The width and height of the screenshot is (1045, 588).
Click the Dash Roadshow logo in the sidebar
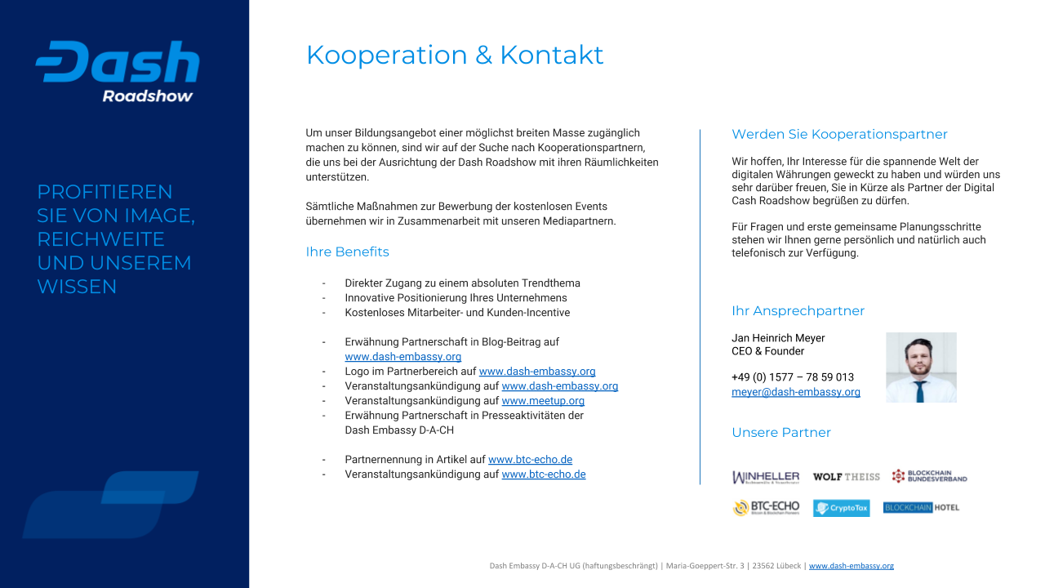[x=118, y=72]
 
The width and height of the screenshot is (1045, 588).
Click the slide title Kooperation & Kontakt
[x=455, y=55]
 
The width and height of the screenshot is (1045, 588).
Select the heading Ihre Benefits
[x=347, y=252]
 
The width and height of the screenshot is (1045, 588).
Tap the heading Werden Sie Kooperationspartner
[x=839, y=134]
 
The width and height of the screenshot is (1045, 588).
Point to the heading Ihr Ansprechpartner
[x=798, y=310]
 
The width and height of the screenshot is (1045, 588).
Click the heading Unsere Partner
[x=781, y=432]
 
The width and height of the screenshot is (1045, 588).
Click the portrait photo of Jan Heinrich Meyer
[x=921, y=367]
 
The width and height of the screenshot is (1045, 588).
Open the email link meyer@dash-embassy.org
[x=796, y=392]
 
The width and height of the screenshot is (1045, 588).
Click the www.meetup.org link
[x=543, y=401]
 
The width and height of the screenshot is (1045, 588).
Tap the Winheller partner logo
[x=766, y=477]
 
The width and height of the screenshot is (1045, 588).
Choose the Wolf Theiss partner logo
[x=847, y=477]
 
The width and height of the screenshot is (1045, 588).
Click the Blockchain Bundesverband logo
[x=929, y=476]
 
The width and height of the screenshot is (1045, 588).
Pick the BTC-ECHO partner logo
[x=766, y=508]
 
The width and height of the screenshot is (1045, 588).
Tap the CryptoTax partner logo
[x=841, y=508]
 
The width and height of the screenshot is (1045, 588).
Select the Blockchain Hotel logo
[x=921, y=508]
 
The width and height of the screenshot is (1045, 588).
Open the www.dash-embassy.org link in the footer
[x=851, y=565]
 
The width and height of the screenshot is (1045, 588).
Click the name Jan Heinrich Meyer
[x=778, y=338]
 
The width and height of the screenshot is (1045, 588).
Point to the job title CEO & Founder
[x=767, y=351]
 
